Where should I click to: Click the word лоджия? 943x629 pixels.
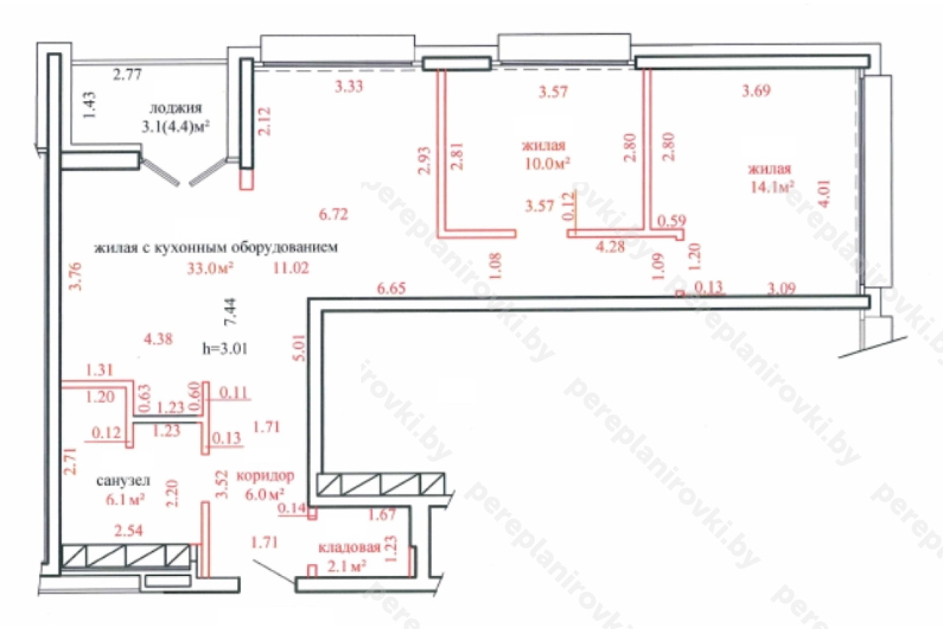tap(175, 108)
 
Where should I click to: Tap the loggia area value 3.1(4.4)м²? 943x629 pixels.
tap(175, 126)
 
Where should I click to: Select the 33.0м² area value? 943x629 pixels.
tap(210, 268)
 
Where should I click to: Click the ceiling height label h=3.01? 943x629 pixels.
tap(225, 348)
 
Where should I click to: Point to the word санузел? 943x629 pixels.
tap(123, 480)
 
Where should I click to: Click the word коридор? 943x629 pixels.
tap(265, 476)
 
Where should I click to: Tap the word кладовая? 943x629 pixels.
tap(349, 547)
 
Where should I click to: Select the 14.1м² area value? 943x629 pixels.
tap(771, 187)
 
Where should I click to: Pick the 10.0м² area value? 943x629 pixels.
tap(547, 164)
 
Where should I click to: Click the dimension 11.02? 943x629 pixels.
tap(291, 268)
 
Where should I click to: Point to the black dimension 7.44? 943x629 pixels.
tap(231, 311)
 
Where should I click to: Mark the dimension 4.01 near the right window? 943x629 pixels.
tap(824, 193)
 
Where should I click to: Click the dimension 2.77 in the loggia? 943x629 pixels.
tap(127, 74)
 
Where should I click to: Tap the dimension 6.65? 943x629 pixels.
tap(391, 288)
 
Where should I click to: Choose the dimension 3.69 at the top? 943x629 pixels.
tap(756, 91)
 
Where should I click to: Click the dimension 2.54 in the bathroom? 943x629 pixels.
tap(129, 530)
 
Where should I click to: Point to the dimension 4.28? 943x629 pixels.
tap(611, 247)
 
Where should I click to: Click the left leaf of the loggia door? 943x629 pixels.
tap(161, 172)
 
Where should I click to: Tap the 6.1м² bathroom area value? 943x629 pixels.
tap(125, 500)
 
